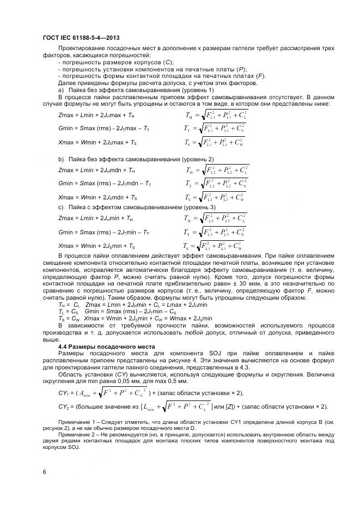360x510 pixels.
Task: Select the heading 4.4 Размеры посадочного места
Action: tap(106, 347)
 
